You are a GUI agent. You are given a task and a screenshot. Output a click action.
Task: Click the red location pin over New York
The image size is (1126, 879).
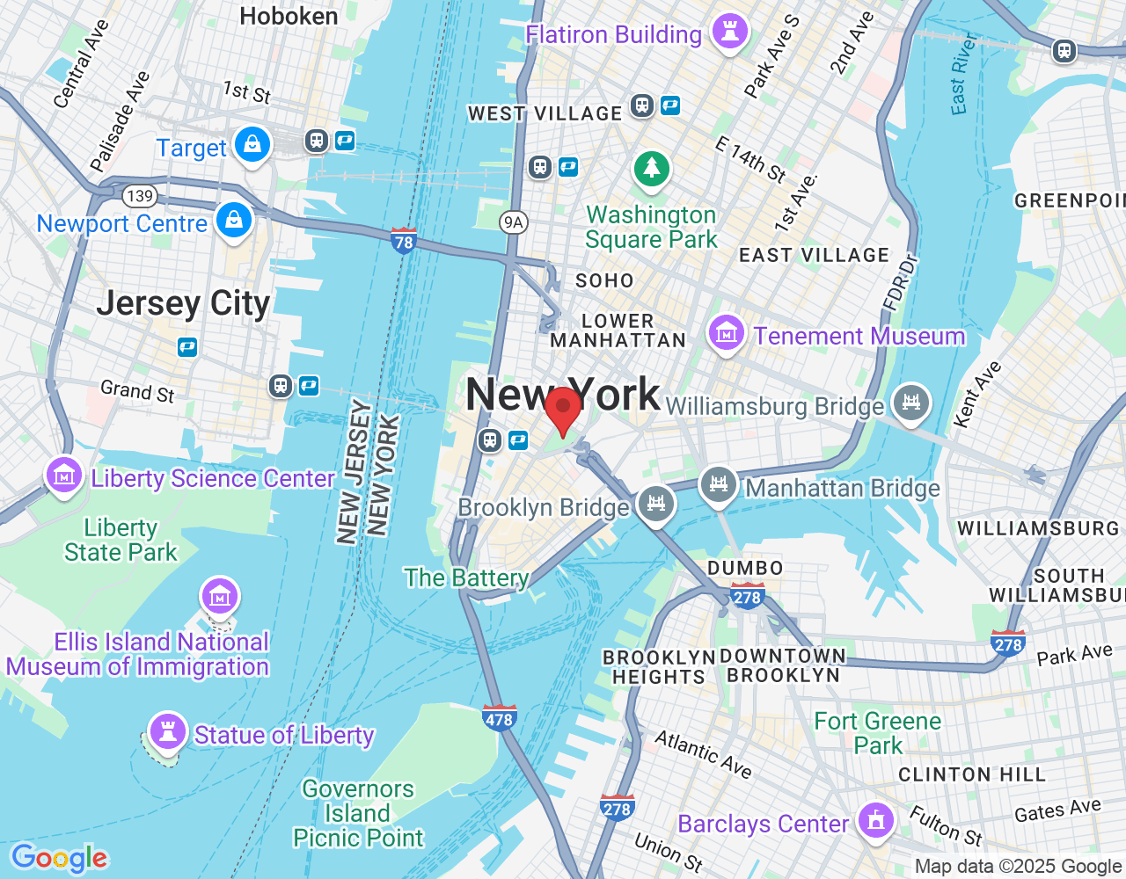(563, 410)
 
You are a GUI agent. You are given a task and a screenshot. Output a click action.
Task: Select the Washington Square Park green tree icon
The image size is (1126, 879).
(652, 168)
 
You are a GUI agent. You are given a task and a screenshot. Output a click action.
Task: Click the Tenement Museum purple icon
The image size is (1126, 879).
(726, 334)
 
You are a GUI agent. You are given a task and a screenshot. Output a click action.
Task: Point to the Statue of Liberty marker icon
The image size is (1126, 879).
(166, 731)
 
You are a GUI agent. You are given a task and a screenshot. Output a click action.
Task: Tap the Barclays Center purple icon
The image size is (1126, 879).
(875, 821)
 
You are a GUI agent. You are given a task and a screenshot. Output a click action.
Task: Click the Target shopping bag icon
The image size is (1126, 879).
(252, 144)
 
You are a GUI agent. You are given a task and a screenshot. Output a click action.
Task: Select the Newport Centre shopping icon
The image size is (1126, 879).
(234, 220)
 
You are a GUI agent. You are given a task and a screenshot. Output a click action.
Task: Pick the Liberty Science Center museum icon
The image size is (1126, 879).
(64, 476)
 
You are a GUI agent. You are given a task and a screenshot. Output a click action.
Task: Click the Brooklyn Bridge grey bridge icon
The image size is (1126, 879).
(656, 505)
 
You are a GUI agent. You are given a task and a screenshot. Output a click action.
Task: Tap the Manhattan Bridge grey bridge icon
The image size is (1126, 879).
(719, 484)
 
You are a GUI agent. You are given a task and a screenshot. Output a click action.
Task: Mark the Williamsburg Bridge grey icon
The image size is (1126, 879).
(910, 403)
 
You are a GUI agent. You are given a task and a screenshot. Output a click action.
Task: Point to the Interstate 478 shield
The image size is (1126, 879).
(499, 717)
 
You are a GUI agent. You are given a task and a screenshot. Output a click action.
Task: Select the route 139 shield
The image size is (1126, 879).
(139, 196)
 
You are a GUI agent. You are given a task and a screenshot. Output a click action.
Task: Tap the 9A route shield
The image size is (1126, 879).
(513, 222)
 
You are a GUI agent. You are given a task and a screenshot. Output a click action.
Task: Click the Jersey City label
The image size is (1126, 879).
(183, 303)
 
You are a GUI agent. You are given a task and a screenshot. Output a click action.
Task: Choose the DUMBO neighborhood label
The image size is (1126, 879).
(745, 568)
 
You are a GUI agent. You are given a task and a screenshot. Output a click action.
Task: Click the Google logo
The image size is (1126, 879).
(60, 858)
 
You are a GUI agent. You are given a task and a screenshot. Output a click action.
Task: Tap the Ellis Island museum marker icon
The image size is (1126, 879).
(219, 597)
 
